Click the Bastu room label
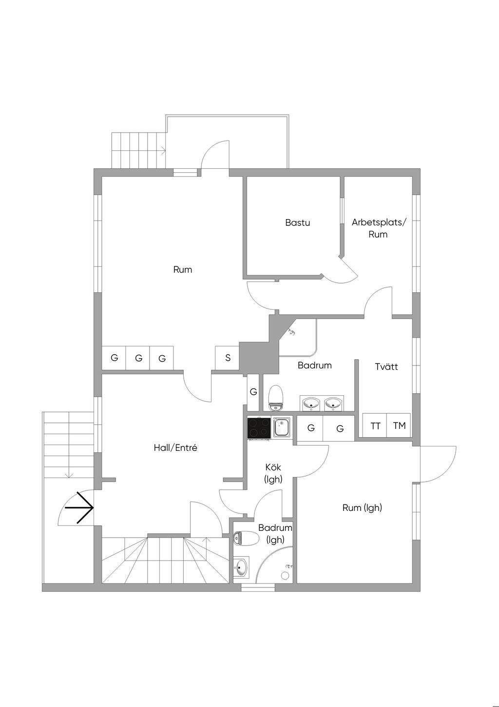tap(297, 223)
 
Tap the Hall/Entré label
tap(175, 448)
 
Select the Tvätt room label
tap(386, 366)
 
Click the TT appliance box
tap(375, 426)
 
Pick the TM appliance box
tap(399, 426)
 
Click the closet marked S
tap(228, 358)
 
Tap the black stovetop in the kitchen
tap(259, 428)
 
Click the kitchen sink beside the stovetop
tap(282, 428)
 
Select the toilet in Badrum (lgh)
tap(247, 538)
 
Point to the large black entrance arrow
tap(79, 508)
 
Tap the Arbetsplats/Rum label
tap(378, 228)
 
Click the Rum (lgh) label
tap(362, 508)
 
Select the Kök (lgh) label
tap(273, 473)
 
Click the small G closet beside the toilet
tap(253, 392)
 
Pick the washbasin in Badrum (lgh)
tap(240, 567)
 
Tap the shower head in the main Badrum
tap(291, 332)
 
